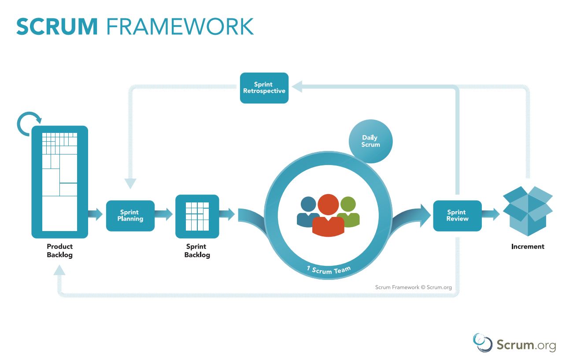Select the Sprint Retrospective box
click(264, 88)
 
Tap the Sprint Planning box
click(130, 216)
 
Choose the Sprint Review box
click(457, 216)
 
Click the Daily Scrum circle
click(370, 141)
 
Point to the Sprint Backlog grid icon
click(197, 216)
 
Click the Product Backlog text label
click(59, 251)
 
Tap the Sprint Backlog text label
click(197, 251)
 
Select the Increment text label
click(528, 246)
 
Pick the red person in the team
click(328, 216)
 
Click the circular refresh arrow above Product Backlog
click(29, 124)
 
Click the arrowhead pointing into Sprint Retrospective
click(297, 87)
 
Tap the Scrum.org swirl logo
click(482, 342)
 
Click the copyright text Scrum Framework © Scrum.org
click(413, 287)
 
